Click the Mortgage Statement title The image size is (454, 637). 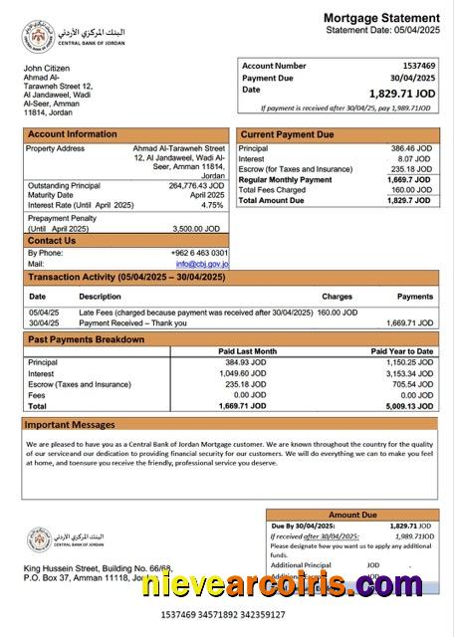point(381,18)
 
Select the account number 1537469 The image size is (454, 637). point(416,65)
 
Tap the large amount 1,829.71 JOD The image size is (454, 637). point(401,93)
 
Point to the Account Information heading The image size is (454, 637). point(72,134)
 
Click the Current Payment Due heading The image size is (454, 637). point(288,134)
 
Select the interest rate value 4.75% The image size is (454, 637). point(212,205)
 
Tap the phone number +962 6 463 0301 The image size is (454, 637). point(199,253)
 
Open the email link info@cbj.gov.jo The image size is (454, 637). point(202,265)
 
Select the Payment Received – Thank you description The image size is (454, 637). point(131,323)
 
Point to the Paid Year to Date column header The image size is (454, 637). point(402,351)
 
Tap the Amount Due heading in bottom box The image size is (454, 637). point(352,515)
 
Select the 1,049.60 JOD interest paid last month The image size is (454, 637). point(255,373)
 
